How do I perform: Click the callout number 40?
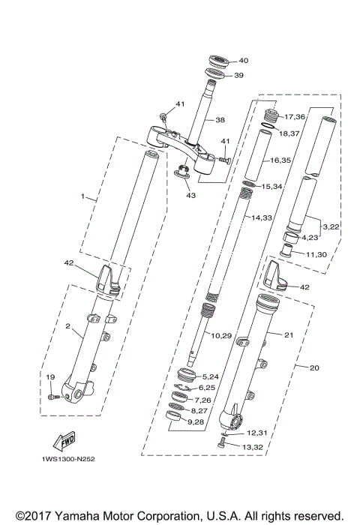coord(243,61)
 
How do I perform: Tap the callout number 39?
coord(238,75)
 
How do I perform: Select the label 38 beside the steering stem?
coord(220,119)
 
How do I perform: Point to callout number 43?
coord(190,196)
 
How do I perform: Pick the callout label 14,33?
coord(263,217)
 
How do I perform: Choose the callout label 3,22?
coord(331,226)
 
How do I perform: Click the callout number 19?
coord(50,376)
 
